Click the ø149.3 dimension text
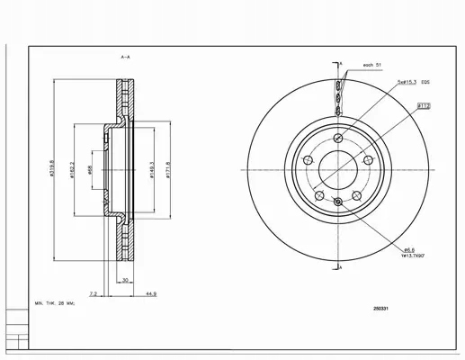click(151, 168)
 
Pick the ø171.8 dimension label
click(167, 168)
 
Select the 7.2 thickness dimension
click(94, 293)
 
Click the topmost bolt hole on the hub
click(337, 137)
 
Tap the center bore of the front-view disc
click(337, 169)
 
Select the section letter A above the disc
click(342, 63)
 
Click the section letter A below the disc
click(342, 269)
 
